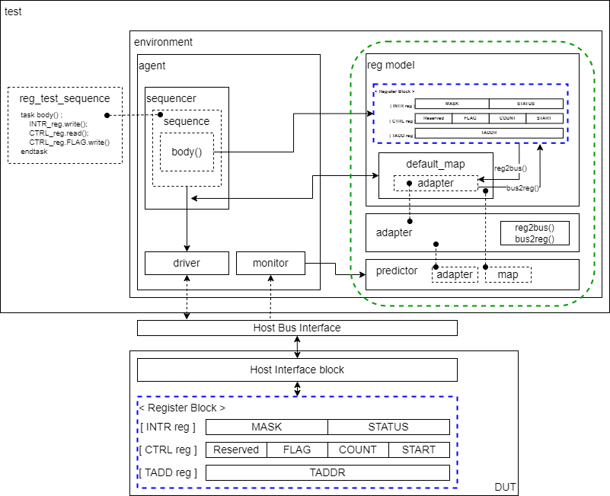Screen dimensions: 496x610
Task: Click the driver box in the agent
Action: (x=187, y=263)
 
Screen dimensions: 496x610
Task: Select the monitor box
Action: (x=270, y=263)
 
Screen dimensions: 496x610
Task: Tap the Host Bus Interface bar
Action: (x=297, y=328)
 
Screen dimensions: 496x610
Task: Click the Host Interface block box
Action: (x=297, y=370)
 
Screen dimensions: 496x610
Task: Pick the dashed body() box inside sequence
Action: (x=187, y=152)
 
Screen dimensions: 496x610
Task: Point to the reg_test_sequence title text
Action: (x=65, y=98)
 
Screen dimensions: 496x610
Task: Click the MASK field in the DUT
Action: (x=267, y=427)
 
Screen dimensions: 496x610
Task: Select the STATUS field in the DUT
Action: (x=388, y=427)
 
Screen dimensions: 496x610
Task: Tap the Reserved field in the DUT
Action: (x=236, y=450)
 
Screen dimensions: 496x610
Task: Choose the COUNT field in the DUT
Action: (x=358, y=450)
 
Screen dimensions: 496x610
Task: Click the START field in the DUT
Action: (x=419, y=450)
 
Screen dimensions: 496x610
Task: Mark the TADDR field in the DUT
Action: (x=327, y=472)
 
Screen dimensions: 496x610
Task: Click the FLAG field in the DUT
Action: (x=297, y=450)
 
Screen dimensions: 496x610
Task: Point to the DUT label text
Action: (x=506, y=485)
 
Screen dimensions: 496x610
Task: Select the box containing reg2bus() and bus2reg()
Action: (x=535, y=233)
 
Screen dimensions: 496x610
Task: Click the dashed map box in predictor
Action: (x=508, y=274)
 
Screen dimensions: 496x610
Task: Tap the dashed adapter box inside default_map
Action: (x=436, y=183)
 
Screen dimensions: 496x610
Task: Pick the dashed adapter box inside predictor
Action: (x=455, y=274)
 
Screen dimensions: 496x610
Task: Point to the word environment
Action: (x=163, y=42)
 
